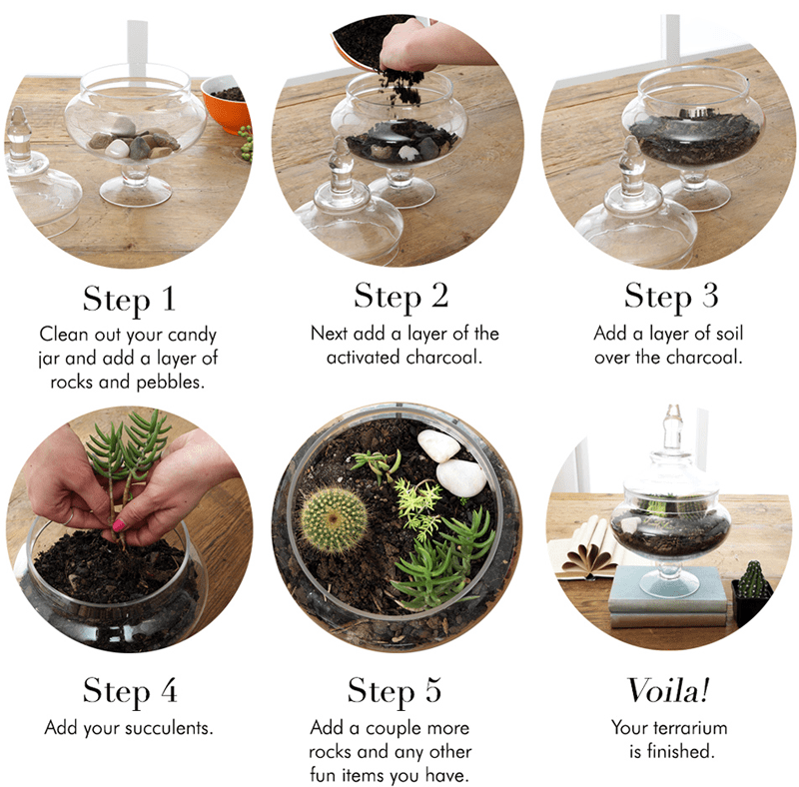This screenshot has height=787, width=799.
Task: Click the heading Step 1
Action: point(131,300)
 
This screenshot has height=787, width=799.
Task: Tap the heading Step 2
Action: point(400,297)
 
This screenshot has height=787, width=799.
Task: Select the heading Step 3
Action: point(670,297)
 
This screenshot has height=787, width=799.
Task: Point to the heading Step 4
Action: point(131,690)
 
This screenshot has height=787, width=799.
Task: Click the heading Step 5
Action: point(395,690)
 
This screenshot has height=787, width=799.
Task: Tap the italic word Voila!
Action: point(670,690)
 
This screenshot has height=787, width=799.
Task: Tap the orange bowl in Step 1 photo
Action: point(227,105)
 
